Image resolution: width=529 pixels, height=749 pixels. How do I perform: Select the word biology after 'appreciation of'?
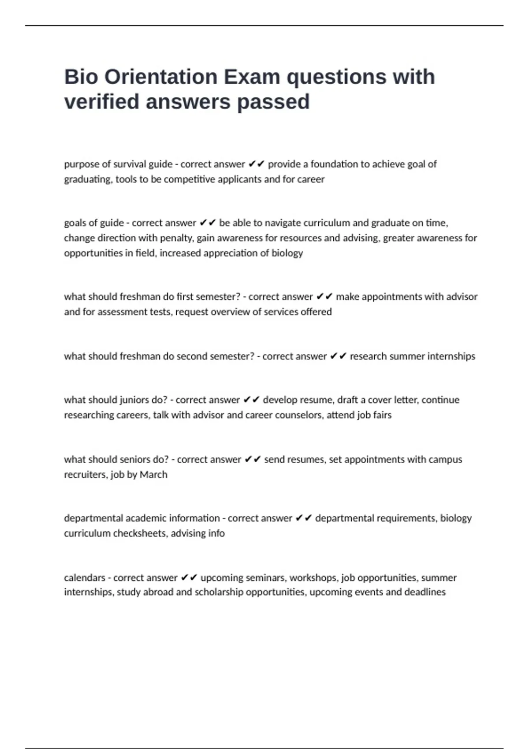287,253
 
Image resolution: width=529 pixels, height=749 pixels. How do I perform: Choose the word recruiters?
85,475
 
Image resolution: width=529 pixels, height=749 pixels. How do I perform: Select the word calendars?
85,578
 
